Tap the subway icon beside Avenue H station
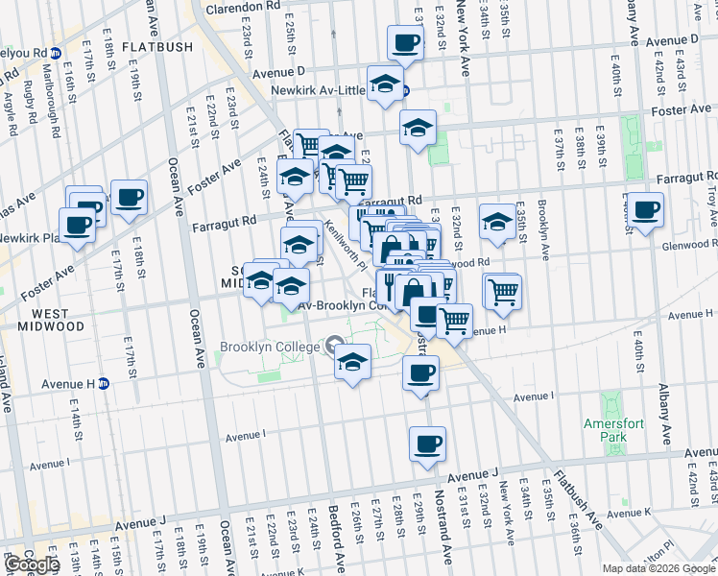click(x=103, y=383)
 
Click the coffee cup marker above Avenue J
click(x=427, y=444)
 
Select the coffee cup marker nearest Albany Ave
click(x=645, y=208)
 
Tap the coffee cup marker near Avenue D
click(x=404, y=42)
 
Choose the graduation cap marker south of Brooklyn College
click(x=352, y=363)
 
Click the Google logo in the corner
click(x=32, y=564)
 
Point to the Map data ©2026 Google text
click(x=658, y=568)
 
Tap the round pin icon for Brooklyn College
click(x=334, y=344)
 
